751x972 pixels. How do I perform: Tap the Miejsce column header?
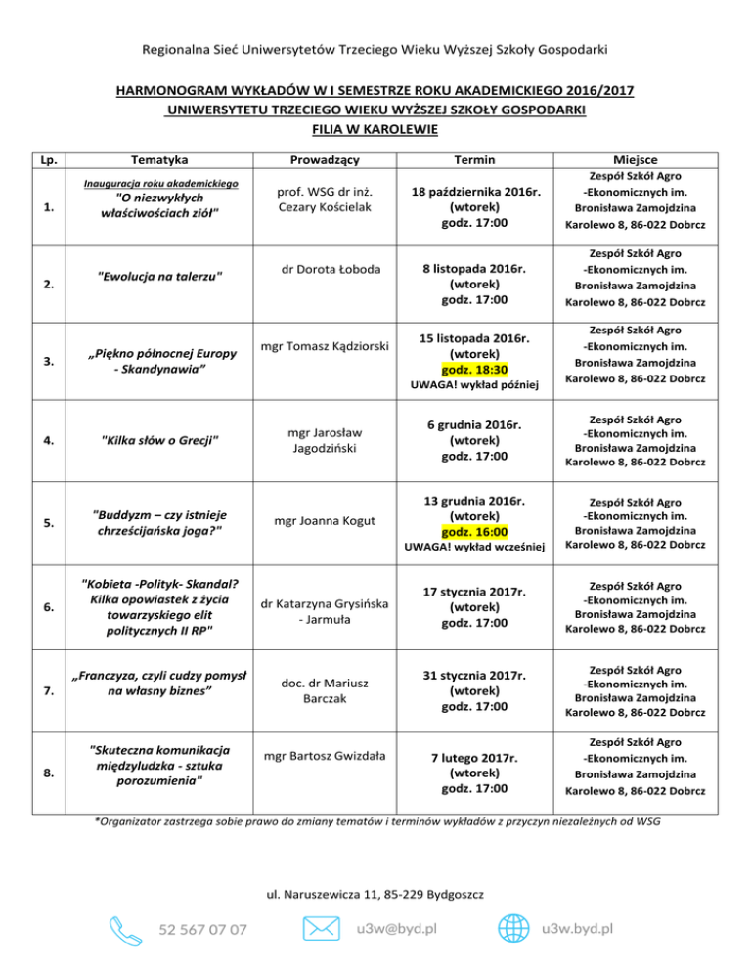click(636, 159)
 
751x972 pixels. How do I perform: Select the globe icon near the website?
click(515, 926)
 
